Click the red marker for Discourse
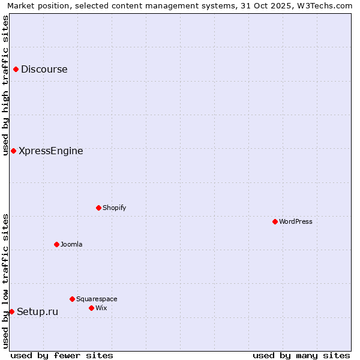[16, 69]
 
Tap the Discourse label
[44, 69]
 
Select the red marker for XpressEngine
[13, 151]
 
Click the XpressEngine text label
[51, 151]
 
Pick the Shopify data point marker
[98, 208]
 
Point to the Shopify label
[114, 208]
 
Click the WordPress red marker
[275, 221]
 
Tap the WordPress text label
[296, 221]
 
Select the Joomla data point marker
[56, 244]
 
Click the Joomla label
[71, 244]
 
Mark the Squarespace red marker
[72, 299]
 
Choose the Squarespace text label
[97, 299]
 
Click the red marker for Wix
[91, 308]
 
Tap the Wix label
[101, 308]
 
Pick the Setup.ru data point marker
[11, 311]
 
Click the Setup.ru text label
[37, 311]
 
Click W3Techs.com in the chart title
[325, 5]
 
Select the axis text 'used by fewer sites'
[62, 355]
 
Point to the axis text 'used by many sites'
[301, 355]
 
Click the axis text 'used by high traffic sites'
[5, 85]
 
